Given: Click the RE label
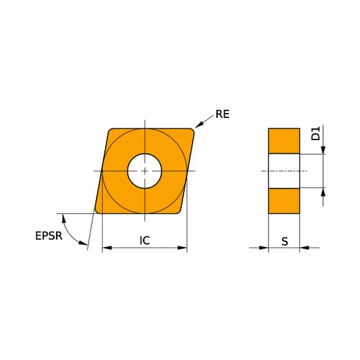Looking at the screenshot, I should [x=222, y=114].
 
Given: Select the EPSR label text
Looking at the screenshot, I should [x=49, y=235].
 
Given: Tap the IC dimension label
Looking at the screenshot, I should [x=144, y=241].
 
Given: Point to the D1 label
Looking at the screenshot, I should [x=315, y=133].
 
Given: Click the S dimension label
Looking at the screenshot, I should [x=284, y=241].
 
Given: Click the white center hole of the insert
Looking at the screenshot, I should [x=144, y=170].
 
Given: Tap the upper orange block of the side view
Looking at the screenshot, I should [x=284, y=141].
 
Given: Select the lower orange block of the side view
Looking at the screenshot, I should [x=284, y=201].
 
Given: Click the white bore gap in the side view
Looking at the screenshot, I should [x=284, y=171].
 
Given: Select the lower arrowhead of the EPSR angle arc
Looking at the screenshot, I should [x=83, y=243].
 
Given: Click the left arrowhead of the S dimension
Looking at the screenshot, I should [x=264, y=248].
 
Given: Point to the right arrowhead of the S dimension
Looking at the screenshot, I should [x=304, y=248].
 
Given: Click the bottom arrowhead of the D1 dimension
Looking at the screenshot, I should [x=323, y=192].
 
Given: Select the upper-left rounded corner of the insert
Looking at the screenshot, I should [x=110, y=131].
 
